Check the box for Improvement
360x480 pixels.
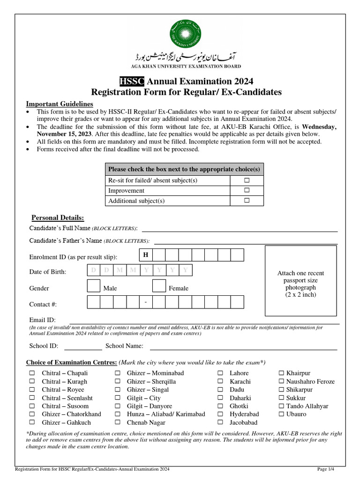click(x=246, y=191)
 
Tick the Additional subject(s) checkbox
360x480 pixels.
click(x=246, y=201)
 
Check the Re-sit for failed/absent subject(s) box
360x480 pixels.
click(x=246, y=180)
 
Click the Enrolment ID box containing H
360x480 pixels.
click(x=146, y=255)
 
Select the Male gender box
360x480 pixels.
click(x=94, y=285)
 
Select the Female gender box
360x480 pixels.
click(x=159, y=285)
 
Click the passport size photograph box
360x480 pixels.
click(x=300, y=280)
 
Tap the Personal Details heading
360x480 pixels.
click(x=58, y=218)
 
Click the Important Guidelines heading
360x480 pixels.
click(x=60, y=104)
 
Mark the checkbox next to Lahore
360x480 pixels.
click(x=220, y=373)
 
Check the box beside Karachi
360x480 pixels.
click(x=220, y=382)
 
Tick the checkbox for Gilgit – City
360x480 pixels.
click(x=118, y=398)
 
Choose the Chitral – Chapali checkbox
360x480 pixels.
click(x=32, y=373)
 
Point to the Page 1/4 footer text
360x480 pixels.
click(x=326, y=469)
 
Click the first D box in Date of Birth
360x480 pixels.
click(x=94, y=270)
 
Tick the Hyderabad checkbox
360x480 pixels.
click(x=220, y=414)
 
